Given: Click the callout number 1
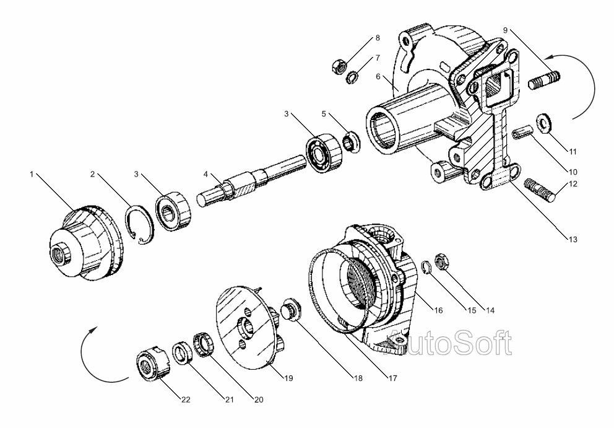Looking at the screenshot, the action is (x=32, y=173).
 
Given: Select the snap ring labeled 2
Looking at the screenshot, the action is (x=139, y=225).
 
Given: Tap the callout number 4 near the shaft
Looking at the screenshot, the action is (x=205, y=175).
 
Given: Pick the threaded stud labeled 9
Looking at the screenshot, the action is (x=544, y=79).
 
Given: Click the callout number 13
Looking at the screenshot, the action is (x=573, y=239).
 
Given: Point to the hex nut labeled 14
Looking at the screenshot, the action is (x=442, y=261).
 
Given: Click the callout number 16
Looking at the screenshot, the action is (x=439, y=310).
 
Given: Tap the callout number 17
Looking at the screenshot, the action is (x=393, y=378).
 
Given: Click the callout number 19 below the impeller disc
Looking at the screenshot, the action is (x=288, y=378).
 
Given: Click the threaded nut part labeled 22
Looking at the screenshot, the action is (x=153, y=364).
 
